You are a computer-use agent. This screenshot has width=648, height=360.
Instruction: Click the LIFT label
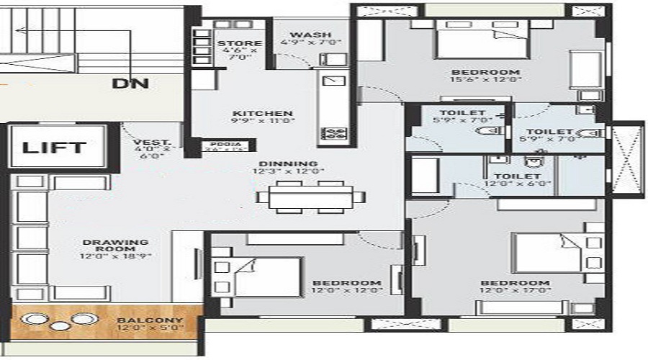pos(54,148)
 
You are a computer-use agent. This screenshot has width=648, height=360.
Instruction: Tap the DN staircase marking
pos(130,84)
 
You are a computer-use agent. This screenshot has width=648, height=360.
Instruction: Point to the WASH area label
pos(310,35)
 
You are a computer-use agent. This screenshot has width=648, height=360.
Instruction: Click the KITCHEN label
pos(252,113)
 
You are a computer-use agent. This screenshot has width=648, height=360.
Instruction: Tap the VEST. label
pos(150,143)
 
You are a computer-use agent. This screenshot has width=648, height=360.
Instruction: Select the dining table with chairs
pos(310,195)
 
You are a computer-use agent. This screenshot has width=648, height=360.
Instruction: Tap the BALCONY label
pos(150,320)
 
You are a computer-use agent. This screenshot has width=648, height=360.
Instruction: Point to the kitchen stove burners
pos(335,132)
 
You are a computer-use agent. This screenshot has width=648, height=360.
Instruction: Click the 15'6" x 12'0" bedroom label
pos(485,72)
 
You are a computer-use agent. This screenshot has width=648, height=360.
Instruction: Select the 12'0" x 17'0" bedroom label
pos(515,283)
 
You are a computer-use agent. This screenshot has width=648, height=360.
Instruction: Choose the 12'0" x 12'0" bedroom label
pos(346,282)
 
